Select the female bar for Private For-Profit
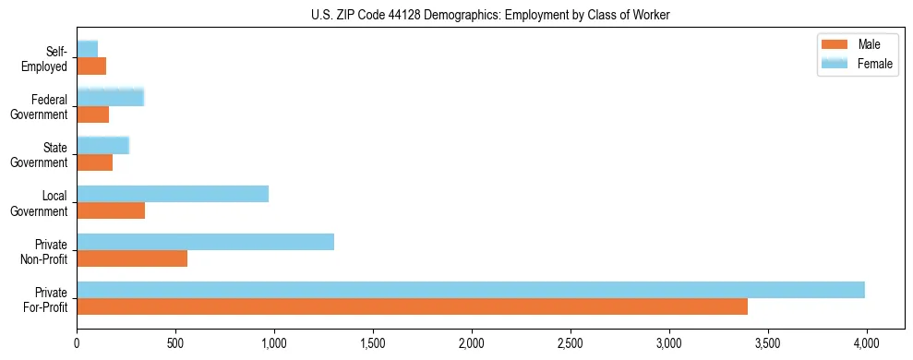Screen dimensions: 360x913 471,290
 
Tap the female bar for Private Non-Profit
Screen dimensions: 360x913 205,242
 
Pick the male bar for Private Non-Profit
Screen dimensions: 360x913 132,258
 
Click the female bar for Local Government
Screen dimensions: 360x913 173,194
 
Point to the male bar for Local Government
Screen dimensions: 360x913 111,210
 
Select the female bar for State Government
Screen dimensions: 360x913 102,145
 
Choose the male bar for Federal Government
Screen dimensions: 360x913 92,114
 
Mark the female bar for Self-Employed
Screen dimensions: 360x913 87,49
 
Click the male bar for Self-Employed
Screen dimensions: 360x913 91,66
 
